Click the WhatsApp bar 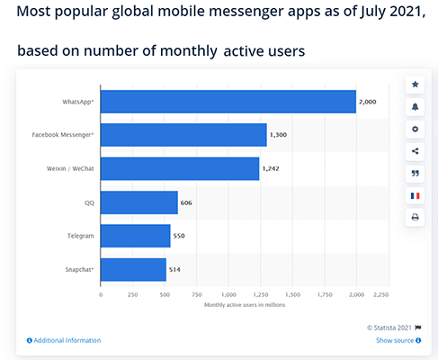point(228,102)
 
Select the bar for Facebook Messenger point(183,135)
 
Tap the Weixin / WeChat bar point(180,168)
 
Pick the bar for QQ point(139,202)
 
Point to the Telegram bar point(135,236)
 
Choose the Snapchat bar point(133,269)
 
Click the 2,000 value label point(367,102)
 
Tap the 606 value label point(186,202)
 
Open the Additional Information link point(64,340)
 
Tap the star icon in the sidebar point(415,85)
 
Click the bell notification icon point(415,107)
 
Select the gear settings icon point(415,129)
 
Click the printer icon point(415,217)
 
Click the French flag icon point(415,195)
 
